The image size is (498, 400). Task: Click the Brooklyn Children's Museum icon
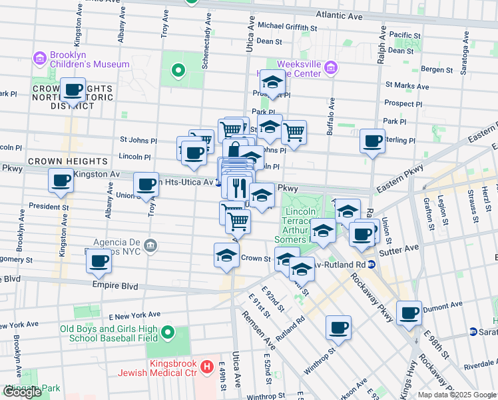click(x=41, y=59)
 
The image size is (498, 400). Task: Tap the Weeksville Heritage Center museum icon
click(x=331, y=68)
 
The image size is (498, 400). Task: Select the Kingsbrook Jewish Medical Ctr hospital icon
click(x=207, y=366)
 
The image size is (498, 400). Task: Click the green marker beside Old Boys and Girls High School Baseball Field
click(x=167, y=331)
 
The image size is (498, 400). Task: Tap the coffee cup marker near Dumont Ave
click(x=409, y=312)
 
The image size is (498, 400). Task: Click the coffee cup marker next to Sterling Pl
click(x=372, y=141)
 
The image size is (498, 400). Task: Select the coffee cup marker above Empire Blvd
click(x=99, y=261)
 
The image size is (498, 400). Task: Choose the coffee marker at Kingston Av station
click(x=61, y=179)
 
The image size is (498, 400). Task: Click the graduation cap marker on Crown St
click(x=226, y=255)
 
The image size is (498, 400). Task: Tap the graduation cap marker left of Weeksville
click(x=272, y=82)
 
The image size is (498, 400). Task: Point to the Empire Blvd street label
click(x=117, y=286)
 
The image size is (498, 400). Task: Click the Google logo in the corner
click(x=22, y=392)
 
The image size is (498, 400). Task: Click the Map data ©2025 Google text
click(x=457, y=395)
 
